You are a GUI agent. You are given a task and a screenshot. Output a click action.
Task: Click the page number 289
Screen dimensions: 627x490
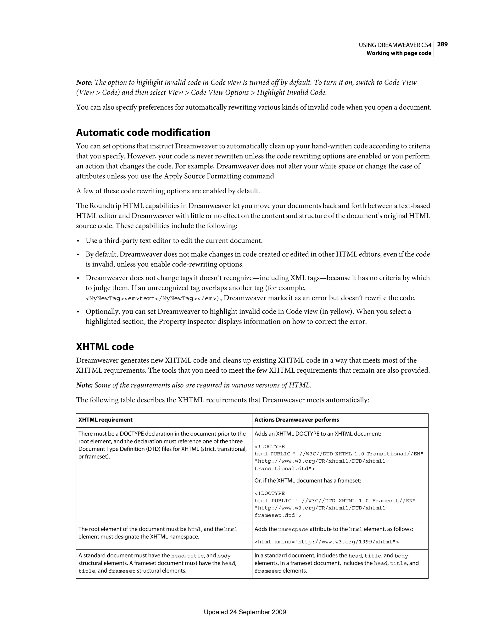[442, 44]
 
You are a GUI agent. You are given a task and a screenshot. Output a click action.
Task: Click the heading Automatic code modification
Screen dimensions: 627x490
[143, 133]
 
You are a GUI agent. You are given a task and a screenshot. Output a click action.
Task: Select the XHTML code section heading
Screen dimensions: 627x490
[105, 347]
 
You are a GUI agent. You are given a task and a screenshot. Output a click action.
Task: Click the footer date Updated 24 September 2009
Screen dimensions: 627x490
[245, 612]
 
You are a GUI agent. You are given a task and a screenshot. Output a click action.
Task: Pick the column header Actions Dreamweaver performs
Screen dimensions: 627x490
[296, 420]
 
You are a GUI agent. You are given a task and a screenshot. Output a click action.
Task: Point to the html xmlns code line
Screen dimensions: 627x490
[326, 542]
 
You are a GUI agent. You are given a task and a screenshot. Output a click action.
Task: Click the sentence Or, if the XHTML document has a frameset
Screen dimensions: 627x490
[307, 481]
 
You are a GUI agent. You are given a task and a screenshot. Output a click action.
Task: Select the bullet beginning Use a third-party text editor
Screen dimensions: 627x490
[174, 241]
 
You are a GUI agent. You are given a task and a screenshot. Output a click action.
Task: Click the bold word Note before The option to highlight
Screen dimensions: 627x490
[84, 83]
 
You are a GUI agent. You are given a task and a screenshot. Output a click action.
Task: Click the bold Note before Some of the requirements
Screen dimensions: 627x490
[84, 385]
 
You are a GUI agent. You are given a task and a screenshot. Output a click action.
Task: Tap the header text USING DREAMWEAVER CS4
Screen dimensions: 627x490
[395, 45]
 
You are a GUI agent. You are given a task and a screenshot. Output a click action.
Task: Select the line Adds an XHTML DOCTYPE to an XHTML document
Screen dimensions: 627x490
[318, 434]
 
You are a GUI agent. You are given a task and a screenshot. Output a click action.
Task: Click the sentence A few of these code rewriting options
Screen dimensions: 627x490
[168, 191]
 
